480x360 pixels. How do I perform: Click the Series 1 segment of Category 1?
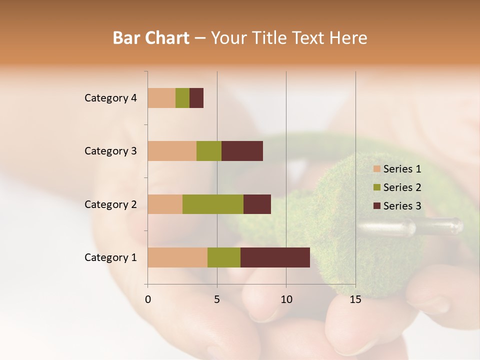[x=177, y=257]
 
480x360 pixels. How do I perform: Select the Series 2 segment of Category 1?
[x=224, y=257]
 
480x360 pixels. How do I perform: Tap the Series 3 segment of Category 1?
[x=275, y=257]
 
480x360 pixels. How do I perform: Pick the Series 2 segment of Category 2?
[x=213, y=204]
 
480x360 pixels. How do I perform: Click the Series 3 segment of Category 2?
[x=257, y=204]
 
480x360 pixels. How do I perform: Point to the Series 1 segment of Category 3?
[x=172, y=151]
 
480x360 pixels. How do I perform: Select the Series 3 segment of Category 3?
[x=242, y=151]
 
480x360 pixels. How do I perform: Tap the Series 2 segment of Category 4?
[x=182, y=98]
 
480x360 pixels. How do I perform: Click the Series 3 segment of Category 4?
[x=196, y=98]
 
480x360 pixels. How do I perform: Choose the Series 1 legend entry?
[x=397, y=169]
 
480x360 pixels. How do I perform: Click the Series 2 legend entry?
[x=397, y=187]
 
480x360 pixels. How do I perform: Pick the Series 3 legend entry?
[x=397, y=206]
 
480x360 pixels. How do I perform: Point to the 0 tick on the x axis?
[x=148, y=299]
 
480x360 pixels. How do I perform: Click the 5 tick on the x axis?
[x=217, y=299]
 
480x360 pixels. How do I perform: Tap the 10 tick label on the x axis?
[x=286, y=299]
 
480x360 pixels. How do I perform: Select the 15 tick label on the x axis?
[x=355, y=299]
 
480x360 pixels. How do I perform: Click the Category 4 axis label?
[x=110, y=98]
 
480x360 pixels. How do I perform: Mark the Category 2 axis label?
[x=110, y=204]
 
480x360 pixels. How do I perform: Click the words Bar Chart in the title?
[x=151, y=38]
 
